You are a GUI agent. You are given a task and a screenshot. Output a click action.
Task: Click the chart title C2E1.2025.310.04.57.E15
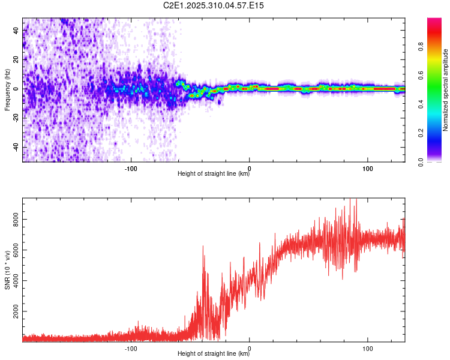pyautogui.click(x=214, y=5)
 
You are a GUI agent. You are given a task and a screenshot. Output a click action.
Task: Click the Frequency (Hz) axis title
pyautogui.click(x=7, y=90)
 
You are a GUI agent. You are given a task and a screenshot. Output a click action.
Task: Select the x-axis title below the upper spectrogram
pyautogui.click(x=214, y=175)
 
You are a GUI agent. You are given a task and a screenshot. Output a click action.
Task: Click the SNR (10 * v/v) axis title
pyautogui.click(x=7, y=271)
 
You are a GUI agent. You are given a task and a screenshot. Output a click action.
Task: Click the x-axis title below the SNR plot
pyautogui.click(x=214, y=354)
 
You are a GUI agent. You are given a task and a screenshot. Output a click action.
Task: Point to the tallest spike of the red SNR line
pyautogui.click(x=356, y=200)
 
